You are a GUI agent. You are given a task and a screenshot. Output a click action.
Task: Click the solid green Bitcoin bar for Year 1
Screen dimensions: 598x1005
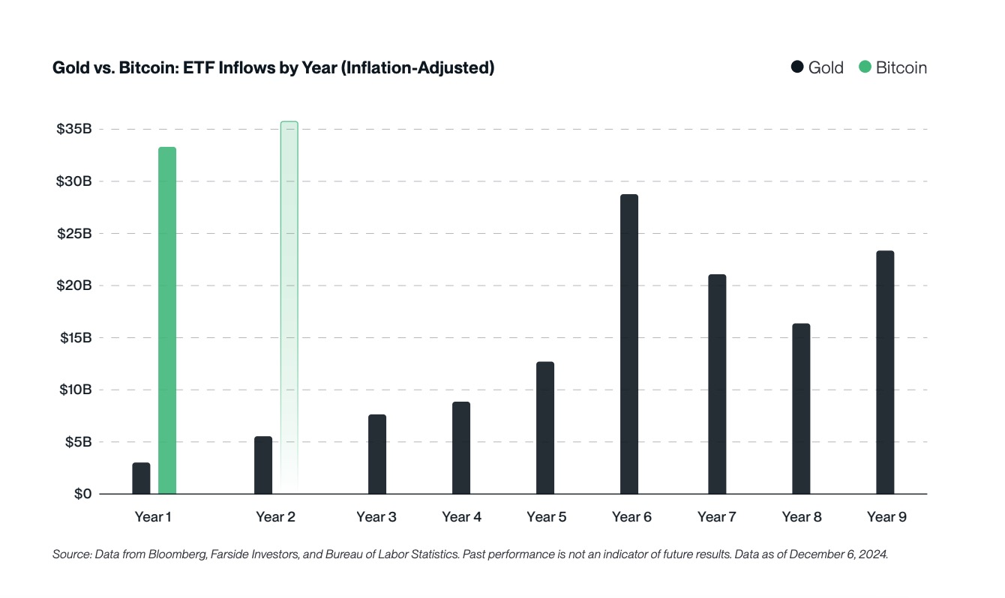[x=167, y=321]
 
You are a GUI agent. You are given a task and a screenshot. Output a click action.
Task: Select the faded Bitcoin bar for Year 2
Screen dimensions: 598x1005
[x=289, y=307]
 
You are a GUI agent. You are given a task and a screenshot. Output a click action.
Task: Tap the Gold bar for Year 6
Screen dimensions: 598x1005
[x=629, y=344]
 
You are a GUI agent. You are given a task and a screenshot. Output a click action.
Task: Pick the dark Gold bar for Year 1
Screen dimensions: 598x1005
[x=141, y=478]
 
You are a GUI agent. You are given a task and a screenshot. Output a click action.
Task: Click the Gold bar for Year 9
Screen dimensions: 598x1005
[x=885, y=372]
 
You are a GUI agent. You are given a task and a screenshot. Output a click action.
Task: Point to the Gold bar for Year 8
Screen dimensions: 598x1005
[x=801, y=408]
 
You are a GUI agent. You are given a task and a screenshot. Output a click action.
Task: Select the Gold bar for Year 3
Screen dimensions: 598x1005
[x=377, y=454]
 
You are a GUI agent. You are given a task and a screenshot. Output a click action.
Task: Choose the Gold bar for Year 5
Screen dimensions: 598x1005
[x=545, y=428]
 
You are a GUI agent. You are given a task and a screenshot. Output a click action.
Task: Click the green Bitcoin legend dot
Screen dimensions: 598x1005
[x=865, y=67]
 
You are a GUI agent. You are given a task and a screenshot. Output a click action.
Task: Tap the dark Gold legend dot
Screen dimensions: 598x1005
[x=797, y=67]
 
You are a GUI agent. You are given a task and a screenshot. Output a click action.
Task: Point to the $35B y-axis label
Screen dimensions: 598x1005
[x=73, y=129]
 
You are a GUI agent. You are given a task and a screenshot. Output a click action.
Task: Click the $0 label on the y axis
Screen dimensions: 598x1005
[x=83, y=494]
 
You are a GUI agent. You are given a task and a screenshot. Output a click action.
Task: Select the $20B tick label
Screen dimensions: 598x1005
[x=73, y=286]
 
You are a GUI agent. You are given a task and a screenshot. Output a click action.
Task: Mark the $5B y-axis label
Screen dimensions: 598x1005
[x=77, y=442]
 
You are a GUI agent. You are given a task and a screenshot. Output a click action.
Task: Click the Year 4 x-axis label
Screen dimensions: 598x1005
[x=461, y=517]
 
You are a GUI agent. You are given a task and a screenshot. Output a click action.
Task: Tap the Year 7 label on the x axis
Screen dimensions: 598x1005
[x=716, y=517]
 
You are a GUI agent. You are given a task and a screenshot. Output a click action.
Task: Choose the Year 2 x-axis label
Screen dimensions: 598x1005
[x=274, y=517]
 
